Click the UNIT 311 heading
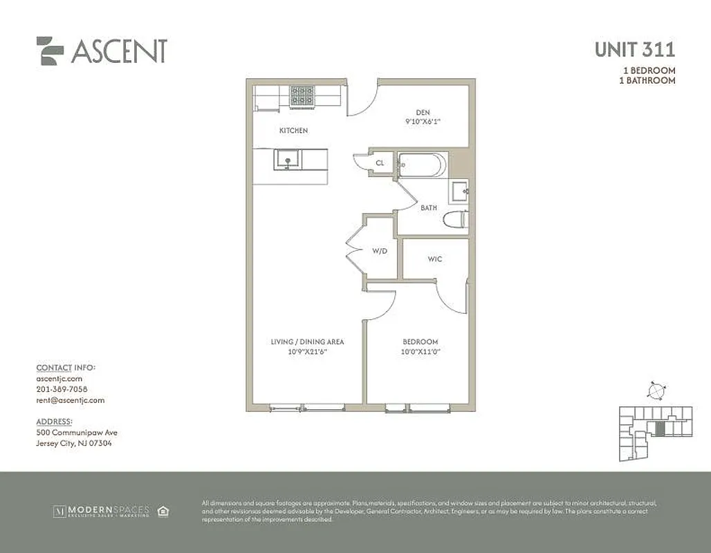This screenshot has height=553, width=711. pyautogui.click(x=635, y=50)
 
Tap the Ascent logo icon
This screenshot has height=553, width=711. pyautogui.click(x=50, y=50)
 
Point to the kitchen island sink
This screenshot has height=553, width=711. pyautogui.click(x=286, y=160)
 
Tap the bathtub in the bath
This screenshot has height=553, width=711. pyautogui.click(x=423, y=165)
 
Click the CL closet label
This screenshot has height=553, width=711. pyautogui.click(x=380, y=164)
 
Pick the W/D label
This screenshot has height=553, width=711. pyautogui.click(x=380, y=252)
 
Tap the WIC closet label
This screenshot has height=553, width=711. pyautogui.click(x=435, y=259)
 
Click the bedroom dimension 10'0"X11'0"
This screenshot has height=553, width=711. pyautogui.click(x=421, y=351)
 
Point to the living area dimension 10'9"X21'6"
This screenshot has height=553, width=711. pyautogui.click(x=307, y=351)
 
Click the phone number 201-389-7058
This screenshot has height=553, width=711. pyautogui.click(x=62, y=389)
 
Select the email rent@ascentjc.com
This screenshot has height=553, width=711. pyautogui.click(x=70, y=400)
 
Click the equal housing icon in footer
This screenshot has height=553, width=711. pyautogui.click(x=163, y=512)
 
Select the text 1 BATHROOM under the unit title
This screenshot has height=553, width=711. pyautogui.click(x=647, y=81)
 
